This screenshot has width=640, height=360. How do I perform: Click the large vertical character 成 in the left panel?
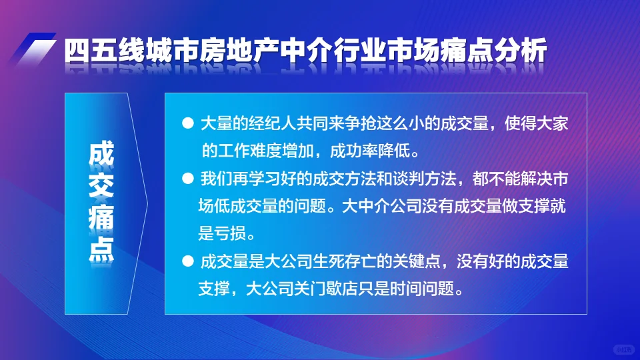tap(101, 154)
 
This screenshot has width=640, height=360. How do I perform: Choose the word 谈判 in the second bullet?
tap(401, 179)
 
